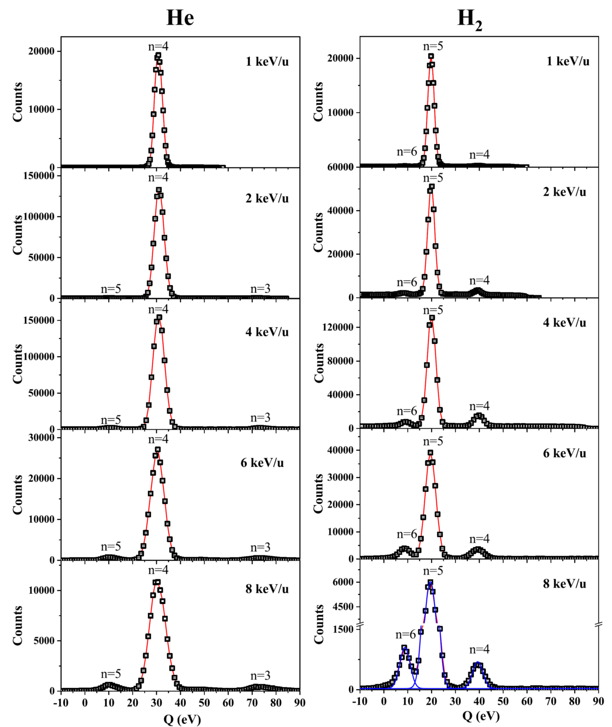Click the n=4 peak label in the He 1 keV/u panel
(158, 46)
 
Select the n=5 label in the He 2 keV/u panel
(111, 289)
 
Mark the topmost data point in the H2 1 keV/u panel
(431, 56)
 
